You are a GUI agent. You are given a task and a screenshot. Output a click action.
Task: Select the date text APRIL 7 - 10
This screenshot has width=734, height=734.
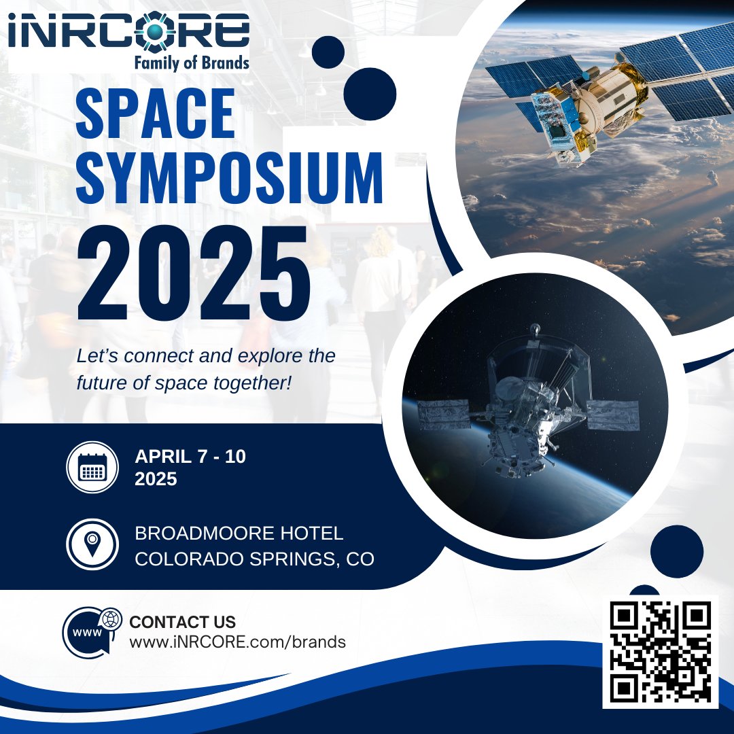190,457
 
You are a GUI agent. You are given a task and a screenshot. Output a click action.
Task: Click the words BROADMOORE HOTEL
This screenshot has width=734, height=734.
239,534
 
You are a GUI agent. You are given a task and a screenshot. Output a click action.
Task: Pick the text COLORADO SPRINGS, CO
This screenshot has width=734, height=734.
254,559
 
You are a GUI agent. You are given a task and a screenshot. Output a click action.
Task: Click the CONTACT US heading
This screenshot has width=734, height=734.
182,622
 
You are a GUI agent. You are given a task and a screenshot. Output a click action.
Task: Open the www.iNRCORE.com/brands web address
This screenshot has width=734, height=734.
237,642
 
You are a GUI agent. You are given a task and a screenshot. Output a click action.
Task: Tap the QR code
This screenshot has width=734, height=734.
660,652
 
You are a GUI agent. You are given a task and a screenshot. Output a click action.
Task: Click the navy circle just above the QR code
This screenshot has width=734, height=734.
676,552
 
